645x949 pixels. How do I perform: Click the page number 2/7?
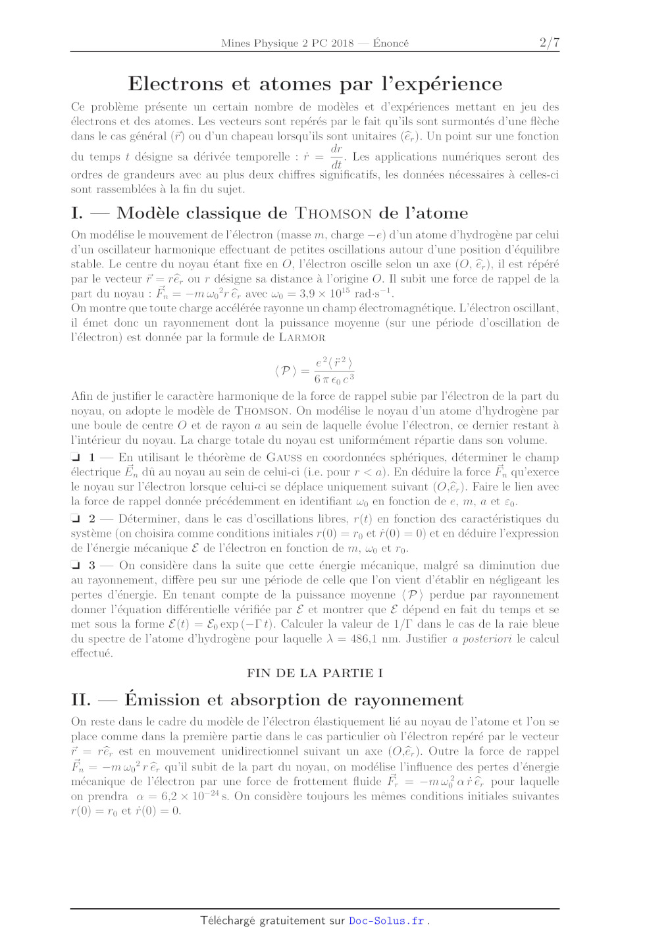[549, 43]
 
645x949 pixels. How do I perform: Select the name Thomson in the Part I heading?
[333, 213]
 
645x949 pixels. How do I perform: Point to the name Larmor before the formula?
[302, 338]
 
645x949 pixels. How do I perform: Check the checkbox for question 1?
[76, 457]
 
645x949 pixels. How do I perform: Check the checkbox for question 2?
[76, 519]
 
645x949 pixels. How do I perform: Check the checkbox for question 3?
[76, 565]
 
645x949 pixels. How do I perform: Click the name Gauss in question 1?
[284, 457]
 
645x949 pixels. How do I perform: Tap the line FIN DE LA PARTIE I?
[315, 673]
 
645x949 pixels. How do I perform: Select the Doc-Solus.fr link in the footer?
[386, 921]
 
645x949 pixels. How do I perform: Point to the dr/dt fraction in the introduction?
[336, 157]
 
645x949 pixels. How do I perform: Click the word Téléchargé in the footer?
[228, 921]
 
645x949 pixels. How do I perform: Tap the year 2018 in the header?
[342, 43]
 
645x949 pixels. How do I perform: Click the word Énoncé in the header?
[391, 43]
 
